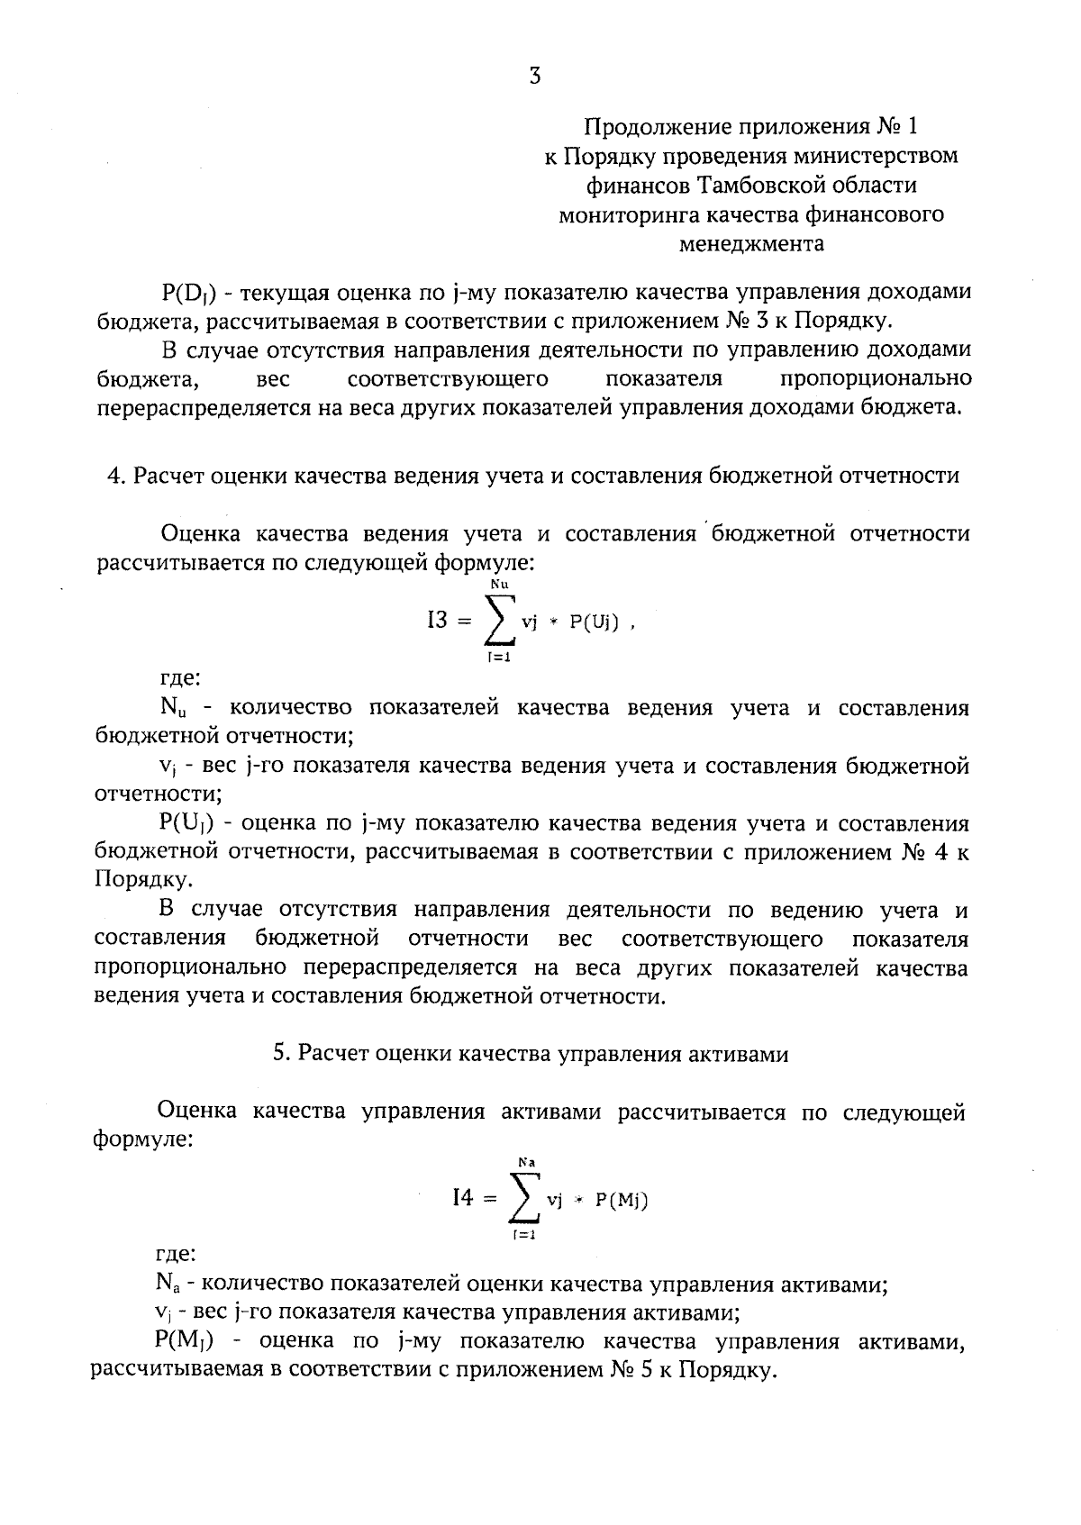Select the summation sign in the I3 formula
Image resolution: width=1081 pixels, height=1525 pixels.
click(501, 622)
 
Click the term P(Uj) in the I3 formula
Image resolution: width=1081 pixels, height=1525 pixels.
click(595, 622)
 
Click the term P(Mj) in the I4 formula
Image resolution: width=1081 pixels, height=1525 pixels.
click(622, 1200)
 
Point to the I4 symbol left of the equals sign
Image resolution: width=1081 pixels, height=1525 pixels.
click(462, 1197)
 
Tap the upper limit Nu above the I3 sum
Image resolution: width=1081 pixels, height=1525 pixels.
click(500, 585)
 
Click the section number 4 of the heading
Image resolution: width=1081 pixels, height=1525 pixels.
click(114, 476)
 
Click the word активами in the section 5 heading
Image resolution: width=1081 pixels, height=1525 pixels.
click(744, 1054)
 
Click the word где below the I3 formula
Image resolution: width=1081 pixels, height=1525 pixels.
click(179, 679)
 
